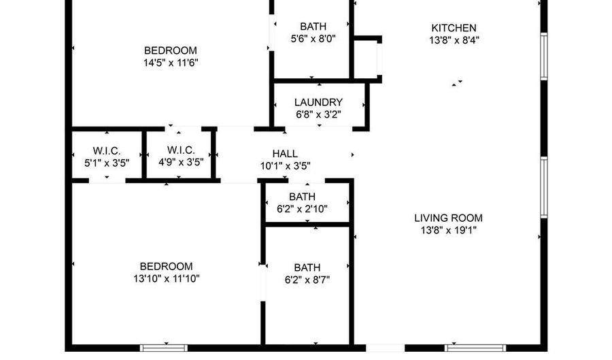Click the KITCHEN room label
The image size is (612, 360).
tap(454, 28)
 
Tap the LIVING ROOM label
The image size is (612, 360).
tap(449, 218)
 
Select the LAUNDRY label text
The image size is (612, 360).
tap(318, 102)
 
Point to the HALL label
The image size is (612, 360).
tap(285, 153)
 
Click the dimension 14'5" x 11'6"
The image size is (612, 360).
tap(171, 63)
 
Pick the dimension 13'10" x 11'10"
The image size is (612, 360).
tap(167, 279)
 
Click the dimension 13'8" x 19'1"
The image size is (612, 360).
tap(449, 231)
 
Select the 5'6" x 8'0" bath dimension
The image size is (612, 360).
tap(313, 39)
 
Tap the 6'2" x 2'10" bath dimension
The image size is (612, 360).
tap(303, 209)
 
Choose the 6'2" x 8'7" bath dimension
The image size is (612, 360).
tap(307, 280)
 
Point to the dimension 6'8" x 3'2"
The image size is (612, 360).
tap(318, 115)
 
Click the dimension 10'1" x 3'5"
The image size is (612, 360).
tap(286, 166)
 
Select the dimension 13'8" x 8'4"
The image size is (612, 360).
tap(454, 40)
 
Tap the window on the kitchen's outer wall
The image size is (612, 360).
tap(544, 56)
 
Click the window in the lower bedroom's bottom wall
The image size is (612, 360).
tap(164, 348)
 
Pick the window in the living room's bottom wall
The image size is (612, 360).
tap(475, 348)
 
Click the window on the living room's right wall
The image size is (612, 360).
tap(544, 187)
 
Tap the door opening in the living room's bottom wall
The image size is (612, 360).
tap(386, 348)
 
